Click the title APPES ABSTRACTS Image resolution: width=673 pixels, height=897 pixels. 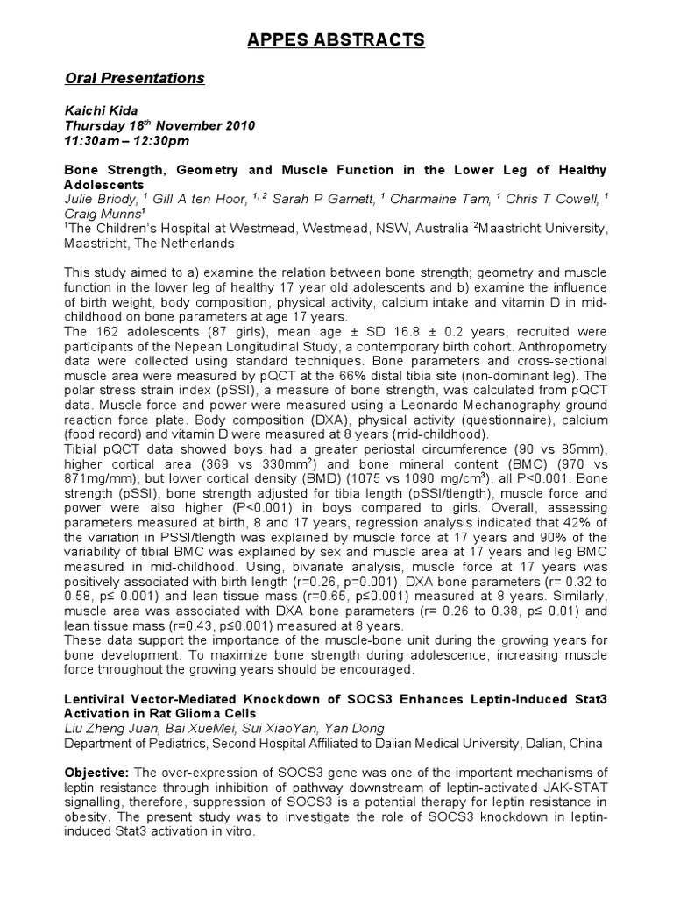pos(336,39)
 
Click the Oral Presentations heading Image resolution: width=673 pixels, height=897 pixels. pos(135,79)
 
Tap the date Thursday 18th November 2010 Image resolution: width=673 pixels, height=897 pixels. pos(160,125)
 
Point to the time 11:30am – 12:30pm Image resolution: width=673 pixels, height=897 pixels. pos(127,140)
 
